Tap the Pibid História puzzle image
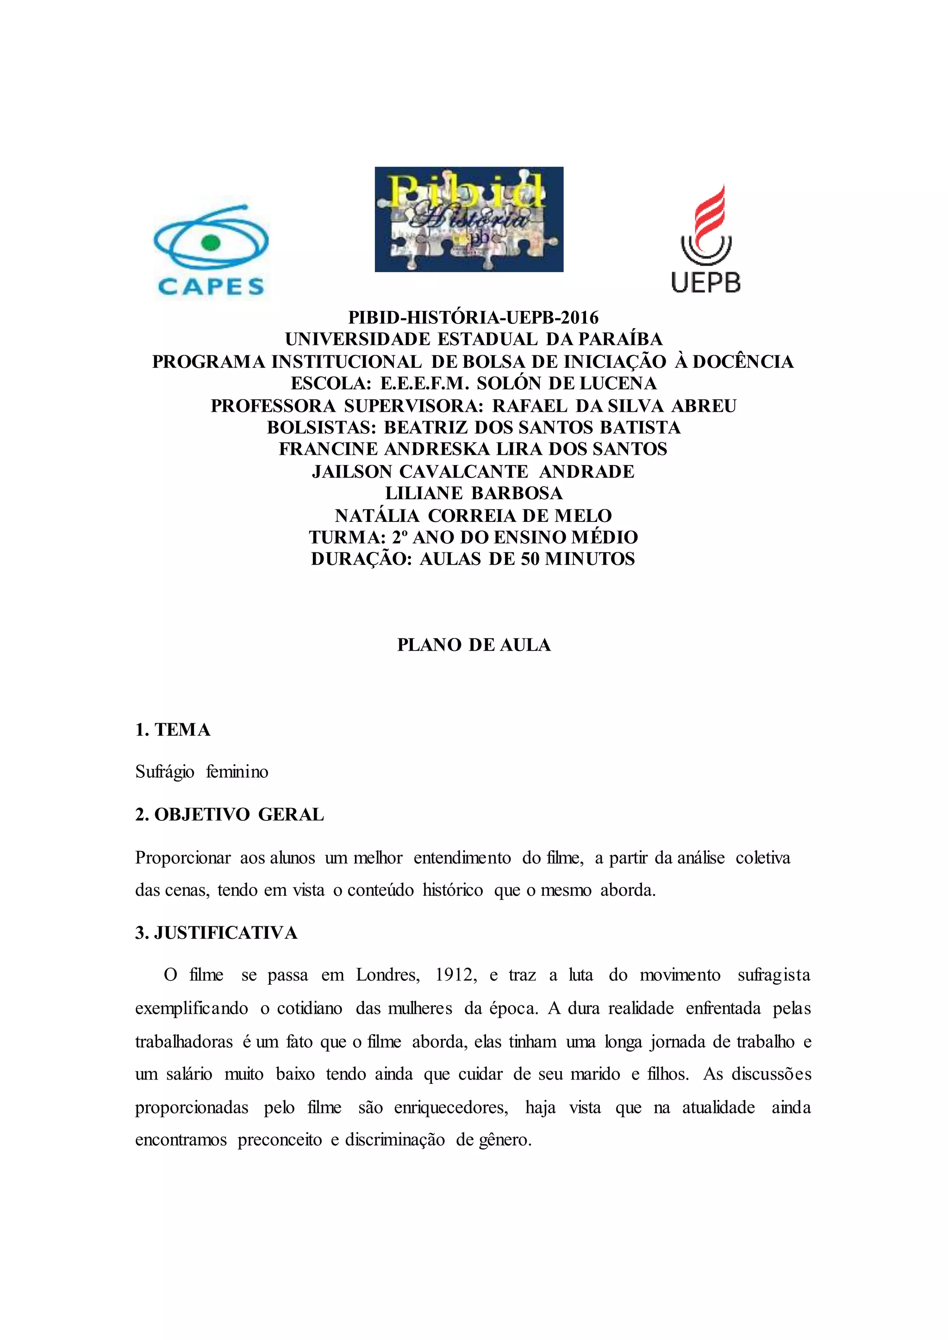(x=469, y=219)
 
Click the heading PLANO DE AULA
(x=474, y=645)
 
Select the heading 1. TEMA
(x=173, y=730)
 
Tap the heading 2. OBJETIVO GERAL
(x=230, y=815)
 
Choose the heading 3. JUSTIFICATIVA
(x=216, y=933)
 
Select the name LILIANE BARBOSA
(x=474, y=493)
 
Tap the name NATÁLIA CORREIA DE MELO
(x=474, y=515)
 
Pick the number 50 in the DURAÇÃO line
(x=530, y=559)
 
